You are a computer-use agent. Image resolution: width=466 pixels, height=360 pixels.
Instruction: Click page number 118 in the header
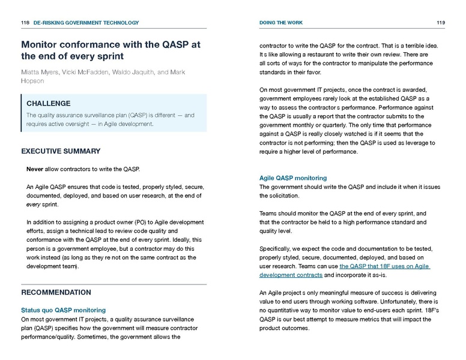25,23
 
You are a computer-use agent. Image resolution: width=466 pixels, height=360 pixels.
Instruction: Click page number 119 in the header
441,23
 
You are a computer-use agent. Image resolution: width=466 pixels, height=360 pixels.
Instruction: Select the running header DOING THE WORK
281,23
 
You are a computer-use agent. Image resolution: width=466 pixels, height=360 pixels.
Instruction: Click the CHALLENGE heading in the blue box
49,103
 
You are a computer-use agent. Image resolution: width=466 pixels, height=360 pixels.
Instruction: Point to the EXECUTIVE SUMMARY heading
61,151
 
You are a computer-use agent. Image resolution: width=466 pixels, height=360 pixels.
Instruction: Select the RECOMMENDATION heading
56,292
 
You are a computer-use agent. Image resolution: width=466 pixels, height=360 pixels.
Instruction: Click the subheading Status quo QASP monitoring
63,310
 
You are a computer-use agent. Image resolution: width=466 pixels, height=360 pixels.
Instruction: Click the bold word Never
35,169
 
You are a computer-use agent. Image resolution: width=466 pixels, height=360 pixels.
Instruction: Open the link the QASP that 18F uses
384,266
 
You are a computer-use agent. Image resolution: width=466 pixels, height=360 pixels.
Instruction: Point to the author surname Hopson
32,81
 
